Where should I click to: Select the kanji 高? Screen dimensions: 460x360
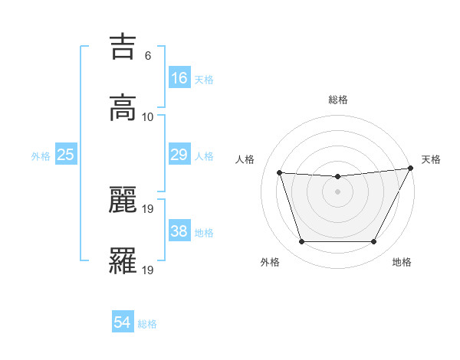123,108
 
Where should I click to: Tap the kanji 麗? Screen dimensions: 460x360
123,199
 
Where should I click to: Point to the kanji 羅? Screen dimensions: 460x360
123,260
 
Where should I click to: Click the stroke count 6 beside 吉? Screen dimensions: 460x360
147,56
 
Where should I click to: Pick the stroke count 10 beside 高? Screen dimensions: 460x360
148,116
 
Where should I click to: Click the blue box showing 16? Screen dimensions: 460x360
179,77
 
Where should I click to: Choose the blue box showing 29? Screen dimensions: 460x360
179,155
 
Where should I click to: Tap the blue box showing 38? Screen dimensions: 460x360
179,231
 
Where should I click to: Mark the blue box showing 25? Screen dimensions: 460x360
65,155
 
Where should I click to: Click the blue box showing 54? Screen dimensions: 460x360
123,322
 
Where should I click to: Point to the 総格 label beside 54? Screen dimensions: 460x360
147,324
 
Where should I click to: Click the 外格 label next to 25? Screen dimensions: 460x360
41,156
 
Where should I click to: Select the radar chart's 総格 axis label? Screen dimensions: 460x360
338,100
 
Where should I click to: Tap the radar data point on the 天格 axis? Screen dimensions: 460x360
410,169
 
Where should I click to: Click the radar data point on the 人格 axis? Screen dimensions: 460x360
280,173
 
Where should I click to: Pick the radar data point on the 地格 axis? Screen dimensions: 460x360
374,242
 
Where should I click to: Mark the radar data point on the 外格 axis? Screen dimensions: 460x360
301,242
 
